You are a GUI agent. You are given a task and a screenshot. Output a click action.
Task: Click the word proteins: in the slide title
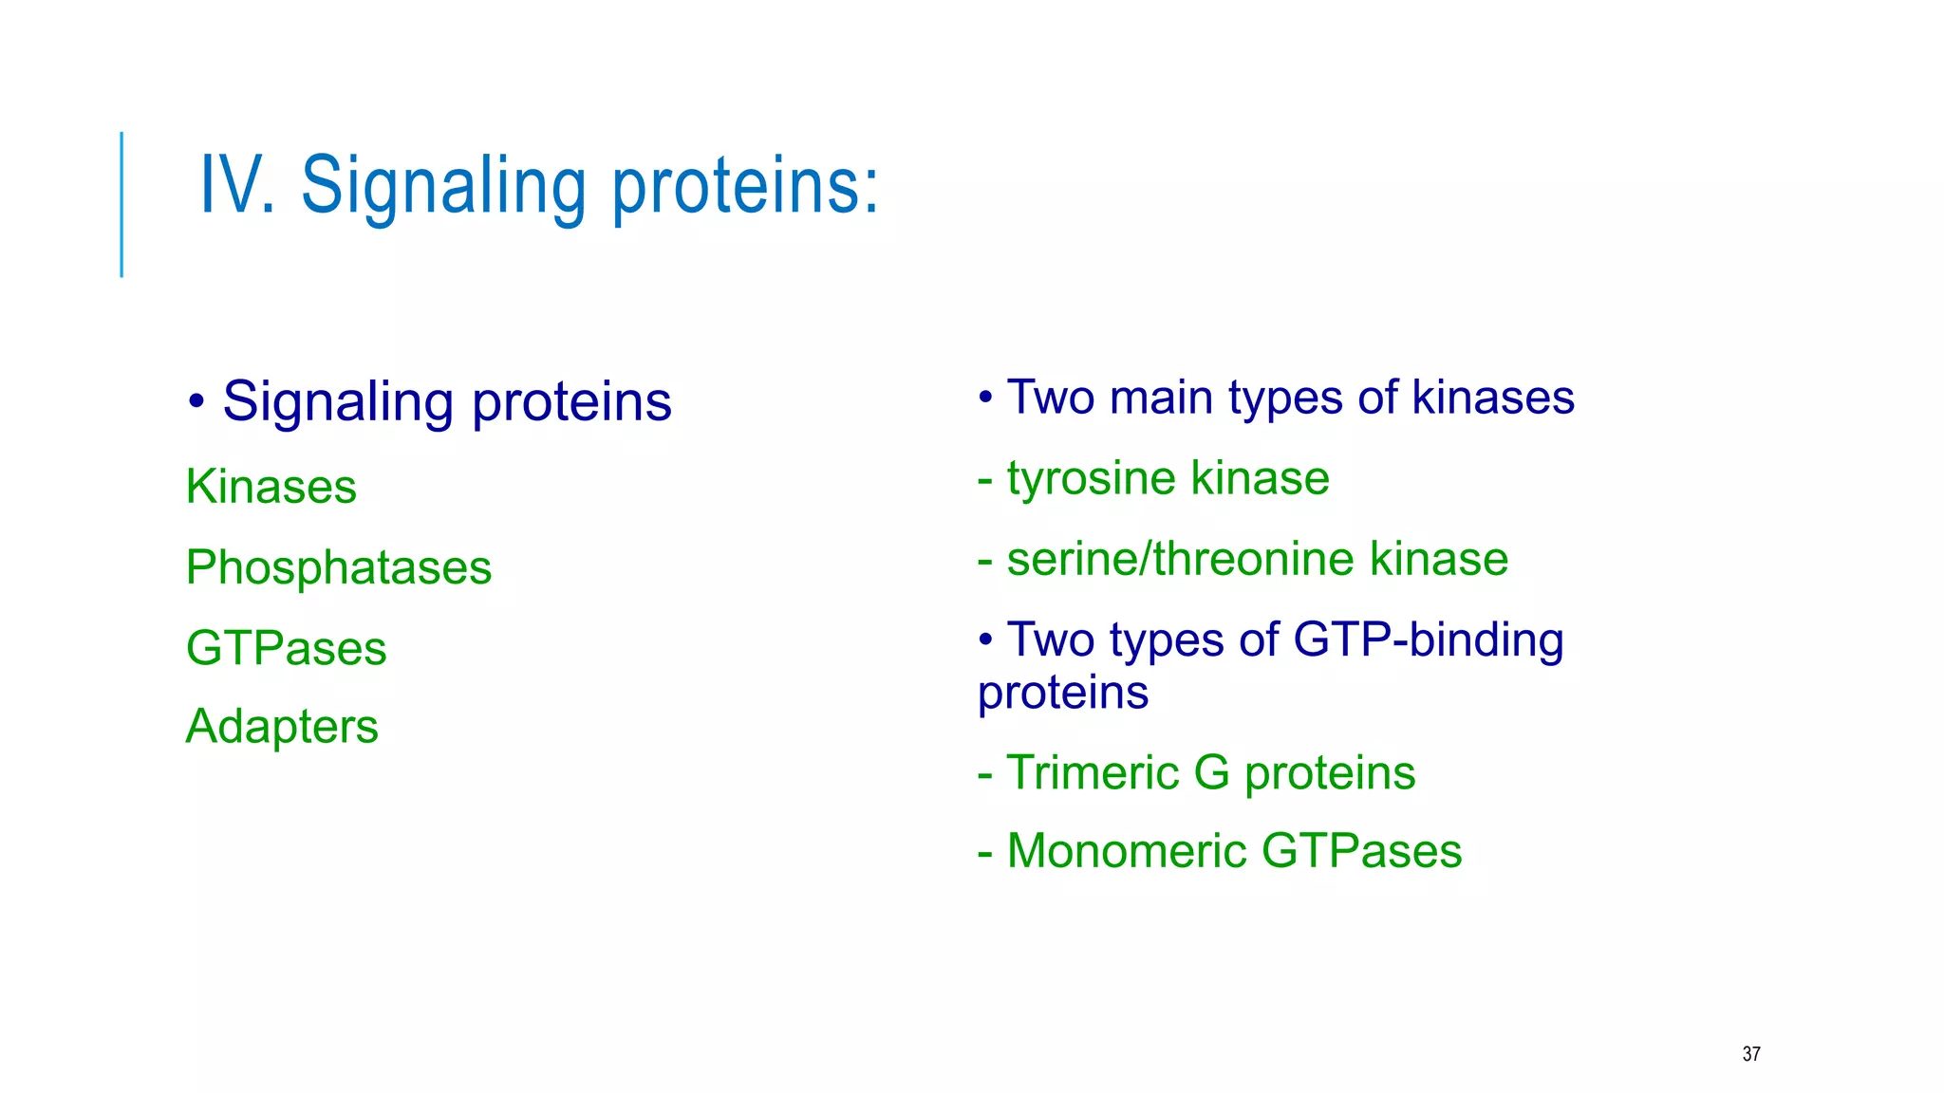point(745,187)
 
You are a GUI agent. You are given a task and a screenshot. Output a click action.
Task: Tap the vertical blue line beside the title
point(121,204)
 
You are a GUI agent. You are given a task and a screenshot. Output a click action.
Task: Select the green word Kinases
point(271,487)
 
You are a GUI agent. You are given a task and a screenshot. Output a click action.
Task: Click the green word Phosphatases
point(338,567)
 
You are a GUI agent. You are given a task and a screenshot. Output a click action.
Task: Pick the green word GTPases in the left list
point(286,648)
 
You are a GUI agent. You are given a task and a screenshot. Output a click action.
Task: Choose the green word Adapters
point(282,727)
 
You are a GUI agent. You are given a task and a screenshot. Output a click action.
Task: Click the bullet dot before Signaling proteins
point(196,401)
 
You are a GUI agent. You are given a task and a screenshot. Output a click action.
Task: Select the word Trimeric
point(1092,772)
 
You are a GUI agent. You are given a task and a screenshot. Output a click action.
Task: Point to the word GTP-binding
point(1428,639)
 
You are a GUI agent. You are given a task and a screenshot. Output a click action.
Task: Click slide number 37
point(1751,1054)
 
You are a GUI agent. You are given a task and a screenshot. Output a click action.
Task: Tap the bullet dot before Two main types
point(986,398)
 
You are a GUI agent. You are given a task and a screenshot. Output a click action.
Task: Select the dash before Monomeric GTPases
point(985,852)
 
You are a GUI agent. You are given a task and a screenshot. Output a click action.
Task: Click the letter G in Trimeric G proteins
point(1211,772)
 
